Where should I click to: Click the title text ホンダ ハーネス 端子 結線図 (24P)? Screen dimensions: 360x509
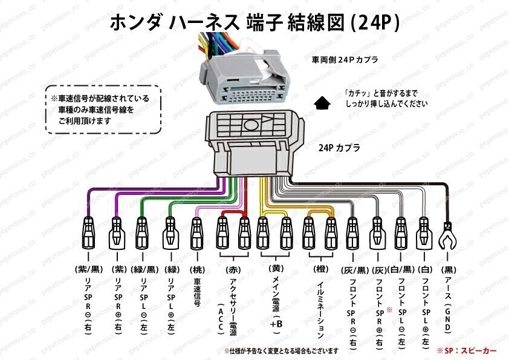(x=254, y=23)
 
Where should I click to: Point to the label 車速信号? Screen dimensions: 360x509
(x=197, y=293)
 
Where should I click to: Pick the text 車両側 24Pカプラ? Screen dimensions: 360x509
(x=345, y=61)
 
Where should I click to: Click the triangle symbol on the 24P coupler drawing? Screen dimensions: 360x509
(x=251, y=126)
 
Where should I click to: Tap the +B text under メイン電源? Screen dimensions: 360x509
(x=276, y=324)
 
